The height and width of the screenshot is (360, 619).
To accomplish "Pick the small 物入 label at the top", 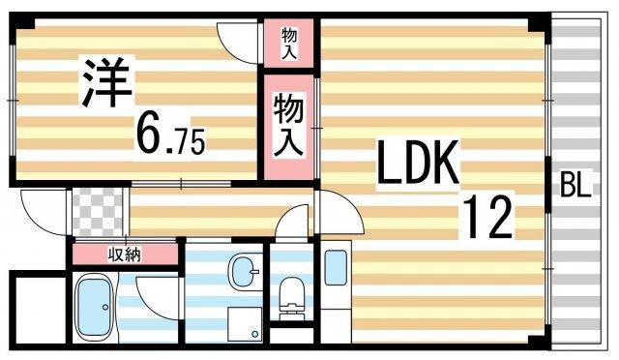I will pyautogui.click(x=289, y=43).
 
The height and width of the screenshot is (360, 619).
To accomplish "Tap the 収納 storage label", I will pyautogui.click(x=124, y=255).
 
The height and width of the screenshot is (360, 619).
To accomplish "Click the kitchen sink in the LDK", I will pyautogui.click(x=335, y=267).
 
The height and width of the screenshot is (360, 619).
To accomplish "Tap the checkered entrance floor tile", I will pyautogui.click(x=98, y=210).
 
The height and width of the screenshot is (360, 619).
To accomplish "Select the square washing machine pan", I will pyautogui.click(x=242, y=324).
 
